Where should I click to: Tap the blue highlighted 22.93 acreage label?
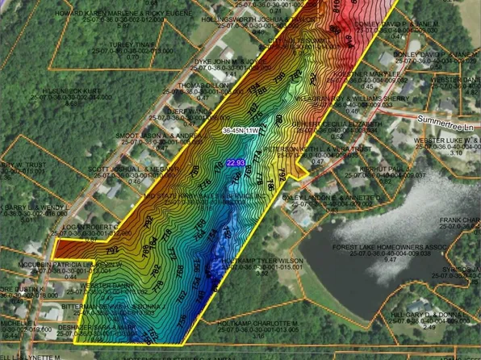pyautogui.click(x=236, y=163)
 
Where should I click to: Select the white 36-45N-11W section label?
pyautogui.click(x=240, y=129)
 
